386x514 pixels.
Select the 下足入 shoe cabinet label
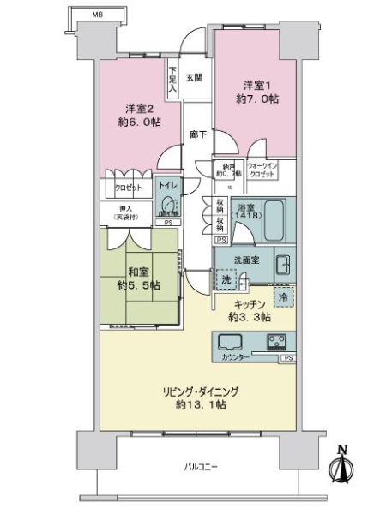pos(172,79)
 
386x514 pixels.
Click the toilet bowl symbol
pos(167,206)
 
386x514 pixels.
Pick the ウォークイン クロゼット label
pos(262,169)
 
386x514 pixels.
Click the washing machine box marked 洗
pos(225,280)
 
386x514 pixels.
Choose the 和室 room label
pos(141,278)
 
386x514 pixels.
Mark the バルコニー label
pos(202,467)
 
